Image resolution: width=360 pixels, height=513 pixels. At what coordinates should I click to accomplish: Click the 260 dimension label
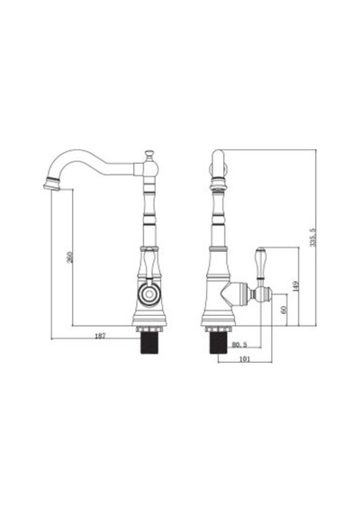point(69,257)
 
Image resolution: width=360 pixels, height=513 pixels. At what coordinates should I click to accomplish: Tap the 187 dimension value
point(100,336)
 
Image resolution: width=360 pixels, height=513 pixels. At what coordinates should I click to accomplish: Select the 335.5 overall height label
point(313,238)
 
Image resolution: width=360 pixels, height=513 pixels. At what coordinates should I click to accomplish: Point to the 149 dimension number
point(296,286)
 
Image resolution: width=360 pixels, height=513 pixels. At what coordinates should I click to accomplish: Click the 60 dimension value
point(283,310)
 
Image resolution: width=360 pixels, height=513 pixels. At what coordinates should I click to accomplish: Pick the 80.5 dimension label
point(239,345)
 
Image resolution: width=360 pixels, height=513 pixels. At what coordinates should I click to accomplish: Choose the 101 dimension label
point(245,359)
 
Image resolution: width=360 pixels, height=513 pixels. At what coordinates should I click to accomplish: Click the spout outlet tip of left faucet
point(51,185)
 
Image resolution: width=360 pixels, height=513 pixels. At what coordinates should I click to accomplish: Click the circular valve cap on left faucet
point(149,293)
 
